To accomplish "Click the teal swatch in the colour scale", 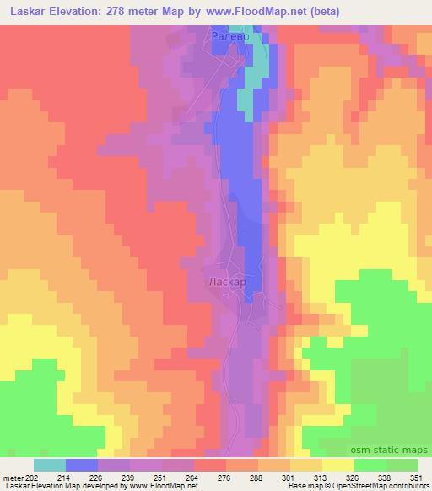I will coord(50,465).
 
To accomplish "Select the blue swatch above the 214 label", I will coord(82,465).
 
